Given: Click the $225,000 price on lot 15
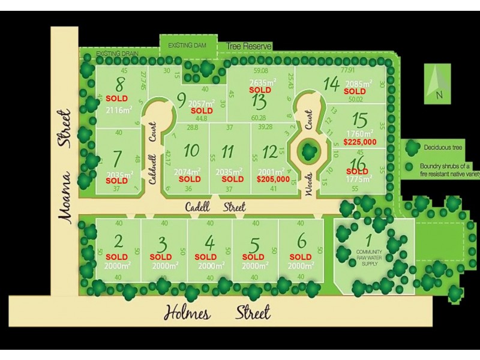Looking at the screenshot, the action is [360, 142].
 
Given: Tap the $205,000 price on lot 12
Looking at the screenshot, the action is [273, 179].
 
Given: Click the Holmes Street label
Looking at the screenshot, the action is [217, 313].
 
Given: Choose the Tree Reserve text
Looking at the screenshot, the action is [249, 46].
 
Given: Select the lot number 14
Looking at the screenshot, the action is [331, 83].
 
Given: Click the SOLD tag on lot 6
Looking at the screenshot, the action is [301, 257].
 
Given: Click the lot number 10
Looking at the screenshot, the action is [191, 150].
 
